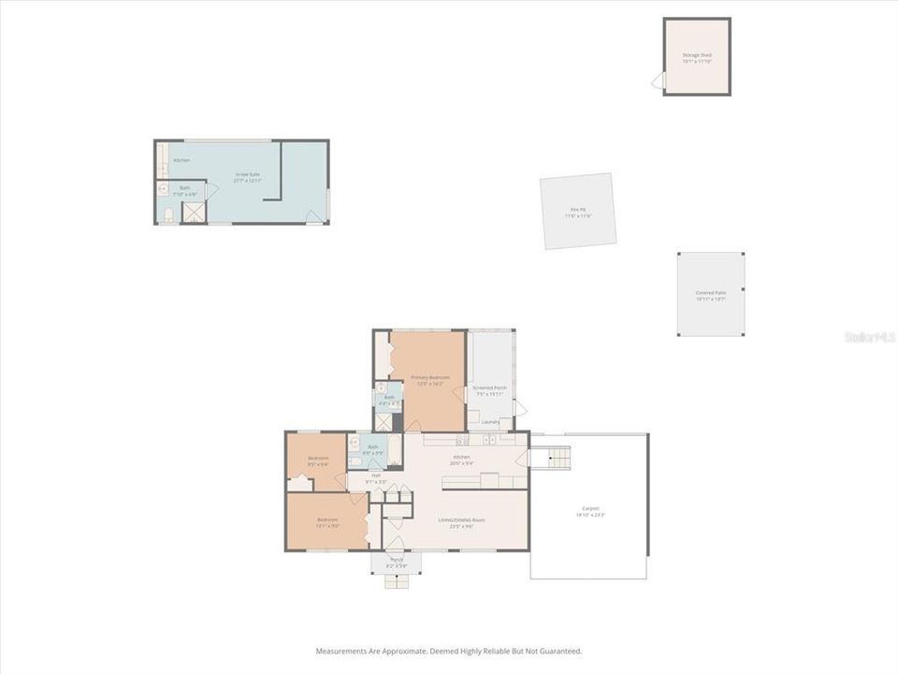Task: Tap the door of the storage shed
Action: [x=658, y=81]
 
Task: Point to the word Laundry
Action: [x=491, y=422]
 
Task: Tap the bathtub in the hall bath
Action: [x=394, y=449]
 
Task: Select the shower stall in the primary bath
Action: [x=383, y=422]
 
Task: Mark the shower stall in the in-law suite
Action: [x=194, y=212]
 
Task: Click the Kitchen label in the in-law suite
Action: [x=181, y=160]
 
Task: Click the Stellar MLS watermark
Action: [x=870, y=336]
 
